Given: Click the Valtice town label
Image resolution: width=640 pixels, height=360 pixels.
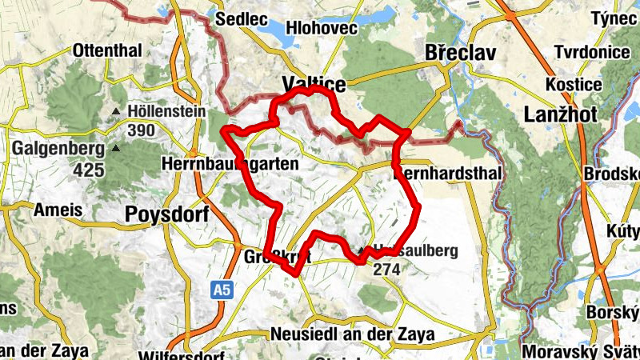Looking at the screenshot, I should click(x=314, y=85).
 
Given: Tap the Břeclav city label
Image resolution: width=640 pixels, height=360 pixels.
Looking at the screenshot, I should click(x=460, y=53).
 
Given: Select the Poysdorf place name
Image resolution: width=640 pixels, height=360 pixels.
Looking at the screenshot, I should click(x=167, y=214).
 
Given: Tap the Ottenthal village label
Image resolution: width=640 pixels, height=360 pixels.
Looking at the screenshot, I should click(x=106, y=50).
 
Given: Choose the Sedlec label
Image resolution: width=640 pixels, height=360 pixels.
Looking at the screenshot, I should click(x=236, y=18).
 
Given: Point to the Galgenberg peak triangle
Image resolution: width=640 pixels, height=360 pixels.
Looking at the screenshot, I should click(x=117, y=148).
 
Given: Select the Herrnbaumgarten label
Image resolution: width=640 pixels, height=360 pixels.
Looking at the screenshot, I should click(x=230, y=163).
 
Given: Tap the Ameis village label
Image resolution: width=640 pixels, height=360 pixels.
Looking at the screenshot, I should click(x=58, y=210).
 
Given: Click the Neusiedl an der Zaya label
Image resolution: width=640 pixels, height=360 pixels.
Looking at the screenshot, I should click(x=352, y=334).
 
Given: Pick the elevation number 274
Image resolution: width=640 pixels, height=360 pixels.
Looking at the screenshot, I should click(x=386, y=270).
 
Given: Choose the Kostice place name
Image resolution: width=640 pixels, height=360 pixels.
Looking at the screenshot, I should click(x=572, y=84).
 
